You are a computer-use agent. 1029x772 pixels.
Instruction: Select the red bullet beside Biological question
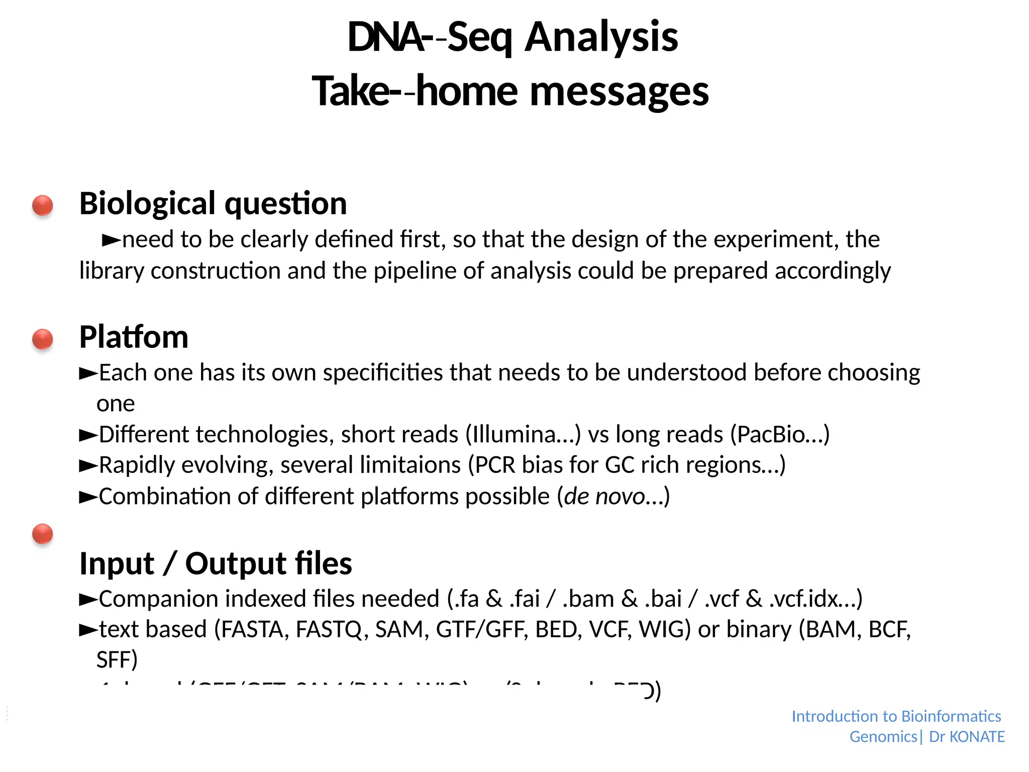pos(43,205)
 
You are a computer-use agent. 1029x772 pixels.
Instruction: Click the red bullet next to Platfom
pos(43,339)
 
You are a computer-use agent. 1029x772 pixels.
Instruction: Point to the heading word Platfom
pos(134,337)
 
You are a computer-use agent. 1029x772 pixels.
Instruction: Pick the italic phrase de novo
pos(604,497)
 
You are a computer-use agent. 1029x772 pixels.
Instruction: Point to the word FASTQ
pos(329,629)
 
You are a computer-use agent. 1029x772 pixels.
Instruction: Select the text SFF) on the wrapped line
pos(117,660)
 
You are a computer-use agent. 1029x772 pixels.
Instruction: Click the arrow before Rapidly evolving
pos(88,466)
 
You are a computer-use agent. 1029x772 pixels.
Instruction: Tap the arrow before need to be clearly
pos(111,240)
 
